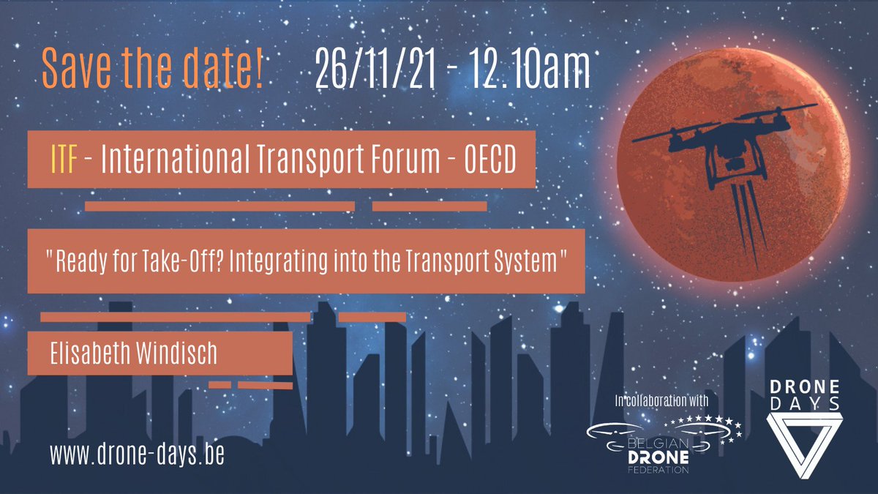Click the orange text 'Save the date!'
(x=152, y=68)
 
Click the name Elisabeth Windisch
(x=134, y=354)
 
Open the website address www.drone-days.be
(x=137, y=454)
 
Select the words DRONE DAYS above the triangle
(x=803, y=396)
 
